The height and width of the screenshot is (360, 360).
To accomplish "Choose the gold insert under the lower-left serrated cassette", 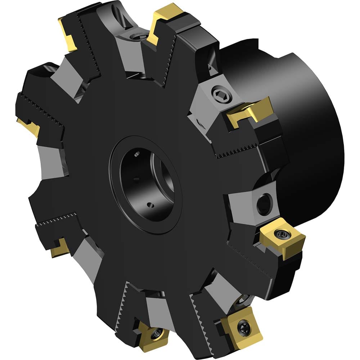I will [x=59, y=248].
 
